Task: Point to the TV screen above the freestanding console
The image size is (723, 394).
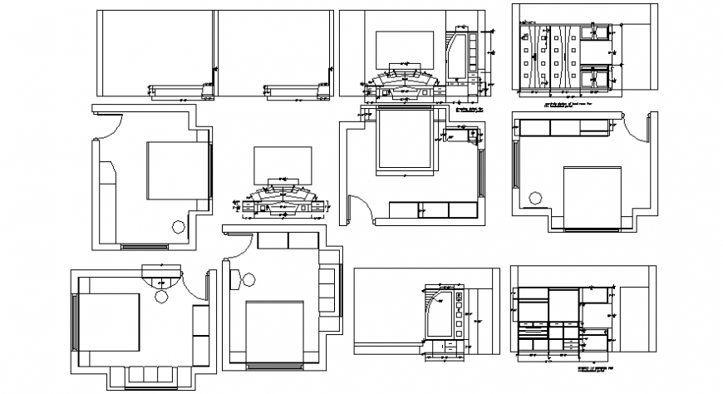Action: (283, 161)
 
